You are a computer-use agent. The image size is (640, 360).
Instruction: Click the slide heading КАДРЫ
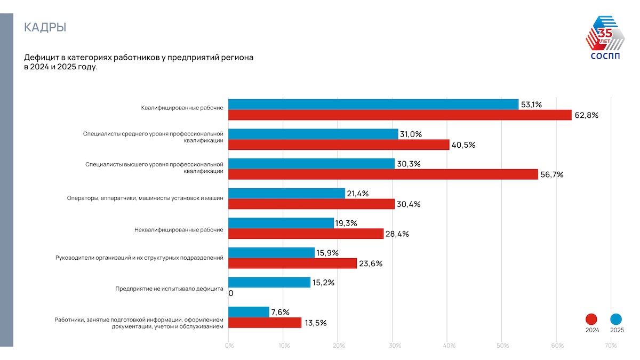pos(45,27)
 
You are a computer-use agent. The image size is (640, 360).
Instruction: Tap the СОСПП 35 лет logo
pos(605,38)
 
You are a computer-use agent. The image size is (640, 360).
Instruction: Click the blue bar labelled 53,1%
pos(373,105)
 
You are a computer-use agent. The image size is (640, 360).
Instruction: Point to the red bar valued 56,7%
pos(383,174)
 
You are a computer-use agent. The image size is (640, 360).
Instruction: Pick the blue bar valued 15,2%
pos(269,283)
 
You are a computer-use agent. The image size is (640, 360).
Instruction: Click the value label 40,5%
pos(463,145)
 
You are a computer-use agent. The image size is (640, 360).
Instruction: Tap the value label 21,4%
pos(358,194)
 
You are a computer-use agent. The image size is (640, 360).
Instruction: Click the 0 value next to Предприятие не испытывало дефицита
pos(231,293)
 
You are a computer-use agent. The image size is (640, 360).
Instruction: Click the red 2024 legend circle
pos(592,319)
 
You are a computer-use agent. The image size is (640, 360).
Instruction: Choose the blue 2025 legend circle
pos(617,319)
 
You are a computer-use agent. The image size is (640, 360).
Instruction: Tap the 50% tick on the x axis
pos(502,346)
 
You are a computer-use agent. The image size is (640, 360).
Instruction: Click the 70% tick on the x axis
pos(611,346)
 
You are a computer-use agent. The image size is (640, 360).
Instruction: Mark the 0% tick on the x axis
pos(229,346)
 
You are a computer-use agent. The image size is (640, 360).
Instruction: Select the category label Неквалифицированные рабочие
pos(178,230)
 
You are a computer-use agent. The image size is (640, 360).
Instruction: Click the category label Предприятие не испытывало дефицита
pos(169,289)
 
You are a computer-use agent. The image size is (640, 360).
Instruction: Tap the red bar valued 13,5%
pos(265,323)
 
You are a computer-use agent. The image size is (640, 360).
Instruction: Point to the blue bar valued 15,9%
pos(271,253)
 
